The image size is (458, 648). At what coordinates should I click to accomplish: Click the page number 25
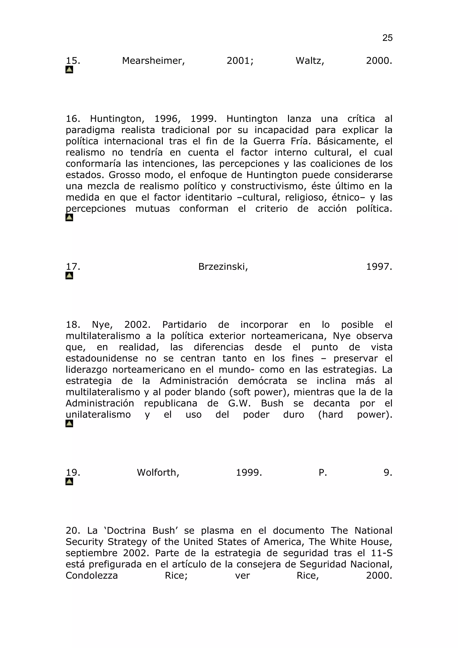coord(387,38)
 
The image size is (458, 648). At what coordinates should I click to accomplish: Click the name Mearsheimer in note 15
coord(153,61)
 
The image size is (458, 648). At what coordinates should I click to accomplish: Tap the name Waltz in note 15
coord(310,61)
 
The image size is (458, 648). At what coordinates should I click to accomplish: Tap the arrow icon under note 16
coord(69,217)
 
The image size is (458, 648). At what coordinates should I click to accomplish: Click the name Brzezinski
coord(223,267)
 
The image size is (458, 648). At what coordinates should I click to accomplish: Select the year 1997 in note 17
coord(379,267)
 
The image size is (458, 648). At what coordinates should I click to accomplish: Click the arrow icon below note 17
coord(69,275)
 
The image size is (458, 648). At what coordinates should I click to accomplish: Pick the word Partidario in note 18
coord(184,325)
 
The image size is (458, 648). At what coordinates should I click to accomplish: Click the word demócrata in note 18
coord(263,381)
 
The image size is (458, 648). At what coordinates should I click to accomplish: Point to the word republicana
coord(170,404)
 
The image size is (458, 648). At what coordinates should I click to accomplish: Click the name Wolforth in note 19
coord(158,473)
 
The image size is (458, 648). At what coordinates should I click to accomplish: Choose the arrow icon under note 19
coord(69,481)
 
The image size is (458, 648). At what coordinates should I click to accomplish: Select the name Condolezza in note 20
coord(92,576)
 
